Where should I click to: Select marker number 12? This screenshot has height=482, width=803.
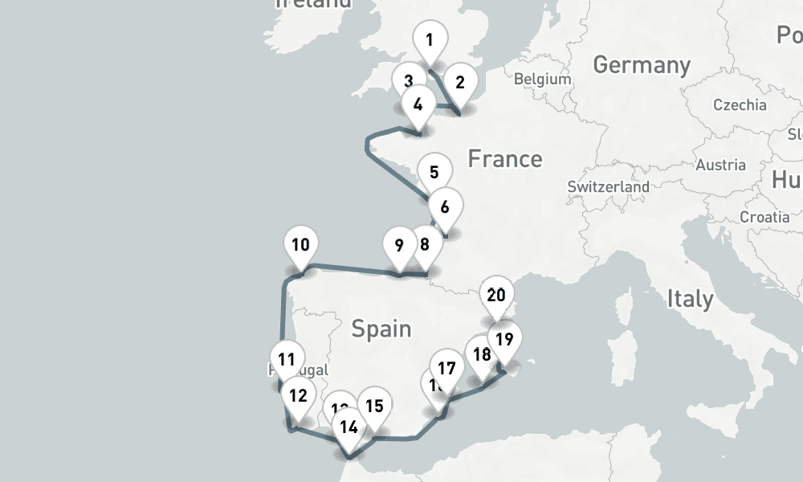click(x=298, y=396)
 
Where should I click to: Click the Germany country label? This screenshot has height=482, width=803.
click(x=642, y=65)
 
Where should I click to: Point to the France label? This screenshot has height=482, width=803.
click(x=505, y=158)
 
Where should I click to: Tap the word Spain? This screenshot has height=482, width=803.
click(x=381, y=328)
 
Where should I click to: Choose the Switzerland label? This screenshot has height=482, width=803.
click(x=608, y=186)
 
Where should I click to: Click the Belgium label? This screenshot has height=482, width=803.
click(x=543, y=80)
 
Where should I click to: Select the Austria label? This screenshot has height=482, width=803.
click(x=720, y=165)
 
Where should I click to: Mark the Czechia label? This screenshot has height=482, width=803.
click(x=740, y=104)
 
